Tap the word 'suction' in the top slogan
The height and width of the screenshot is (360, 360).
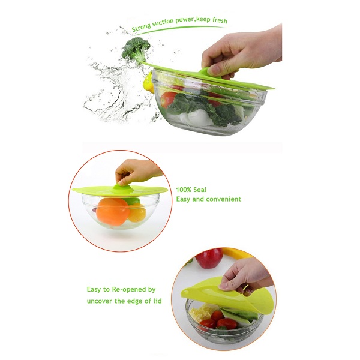point(163,23)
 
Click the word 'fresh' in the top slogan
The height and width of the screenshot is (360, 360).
point(220,20)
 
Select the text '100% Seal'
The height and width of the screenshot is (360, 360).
point(191,190)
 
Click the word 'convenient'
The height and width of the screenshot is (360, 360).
point(224,199)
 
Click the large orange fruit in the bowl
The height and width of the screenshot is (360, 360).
point(113,211)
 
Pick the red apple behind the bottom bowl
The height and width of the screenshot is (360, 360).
point(209,257)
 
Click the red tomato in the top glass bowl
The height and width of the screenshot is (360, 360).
point(168,99)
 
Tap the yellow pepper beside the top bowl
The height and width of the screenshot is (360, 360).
point(148,83)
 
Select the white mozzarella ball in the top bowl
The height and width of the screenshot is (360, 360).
point(199,117)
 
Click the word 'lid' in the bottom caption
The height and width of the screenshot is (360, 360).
point(157,301)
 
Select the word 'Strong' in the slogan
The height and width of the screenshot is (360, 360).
point(141,27)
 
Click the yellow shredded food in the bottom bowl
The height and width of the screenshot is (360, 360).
point(202,311)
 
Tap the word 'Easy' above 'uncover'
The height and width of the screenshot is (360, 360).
point(94,290)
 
